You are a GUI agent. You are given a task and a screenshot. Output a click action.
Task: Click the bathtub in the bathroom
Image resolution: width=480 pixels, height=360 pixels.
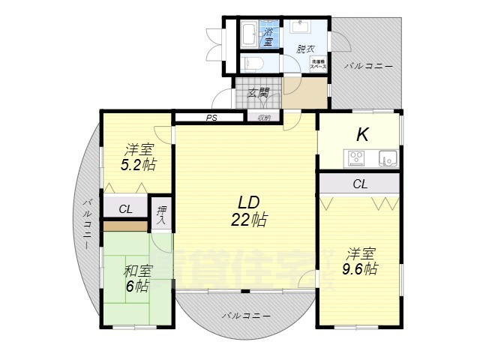tap(250, 34)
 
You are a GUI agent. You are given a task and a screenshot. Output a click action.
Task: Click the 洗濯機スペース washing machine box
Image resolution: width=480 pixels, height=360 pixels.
tap(317, 64)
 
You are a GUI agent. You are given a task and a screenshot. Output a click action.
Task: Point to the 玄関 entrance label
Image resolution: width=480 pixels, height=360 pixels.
tap(259, 93)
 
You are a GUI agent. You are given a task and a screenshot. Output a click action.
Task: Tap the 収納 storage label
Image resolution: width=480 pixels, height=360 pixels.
tap(264, 118)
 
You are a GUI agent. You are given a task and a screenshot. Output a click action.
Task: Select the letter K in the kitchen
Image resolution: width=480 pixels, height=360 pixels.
tap(361, 135)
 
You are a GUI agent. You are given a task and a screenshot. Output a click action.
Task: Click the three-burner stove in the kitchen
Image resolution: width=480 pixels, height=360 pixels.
tap(355, 158)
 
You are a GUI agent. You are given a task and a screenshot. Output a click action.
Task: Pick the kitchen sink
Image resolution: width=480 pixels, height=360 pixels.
tap(387, 158)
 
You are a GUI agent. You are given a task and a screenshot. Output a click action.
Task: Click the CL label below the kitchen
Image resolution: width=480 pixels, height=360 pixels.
tap(359, 184)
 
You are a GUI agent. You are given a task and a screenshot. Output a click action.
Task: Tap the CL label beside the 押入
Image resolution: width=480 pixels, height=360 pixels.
tap(125, 208)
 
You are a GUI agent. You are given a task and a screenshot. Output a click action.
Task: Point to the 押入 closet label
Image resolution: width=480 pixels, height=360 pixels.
tap(161, 213)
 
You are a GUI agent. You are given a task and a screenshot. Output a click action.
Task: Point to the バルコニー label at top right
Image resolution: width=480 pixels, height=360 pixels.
tap(368, 66)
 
